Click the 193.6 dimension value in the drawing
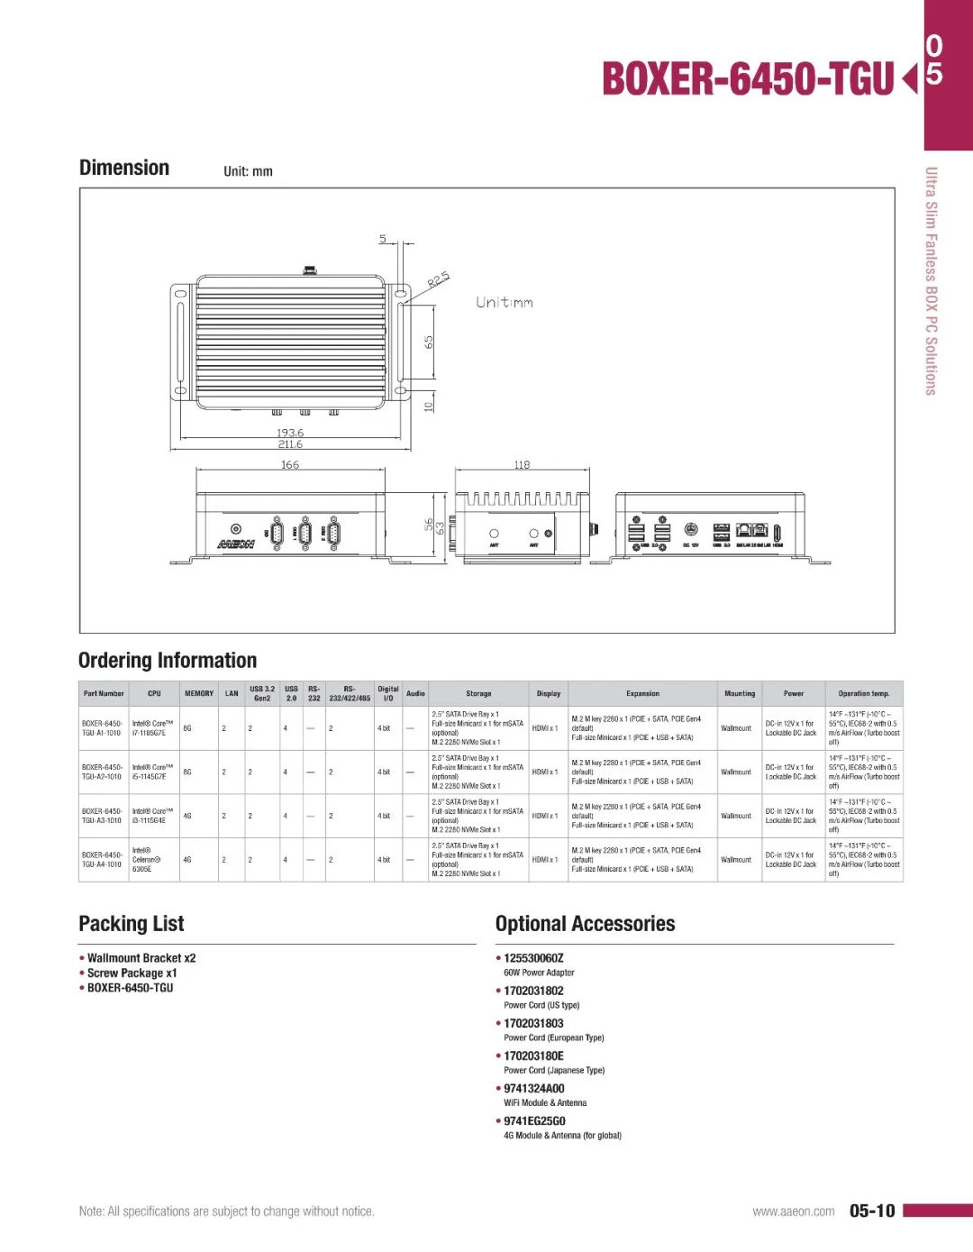(x=290, y=433)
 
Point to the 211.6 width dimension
(x=290, y=444)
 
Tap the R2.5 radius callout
(x=438, y=279)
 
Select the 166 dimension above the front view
(x=290, y=465)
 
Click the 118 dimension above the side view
(x=522, y=465)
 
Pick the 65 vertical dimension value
(x=429, y=343)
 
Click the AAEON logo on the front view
(x=236, y=544)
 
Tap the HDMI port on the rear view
(x=777, y=533)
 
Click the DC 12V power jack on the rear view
(x=691, y=530)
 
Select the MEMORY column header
(x=199, y=693)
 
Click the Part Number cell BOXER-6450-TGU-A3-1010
(x=102, y=816)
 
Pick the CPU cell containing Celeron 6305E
(x=146, y=860)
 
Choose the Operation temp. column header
(x=863, y=693)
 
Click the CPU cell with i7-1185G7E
(x=152, y=728)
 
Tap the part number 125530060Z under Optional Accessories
(x=533, y=958)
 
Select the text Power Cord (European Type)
(x=553, y=1037)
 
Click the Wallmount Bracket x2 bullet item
(x=141, y=958)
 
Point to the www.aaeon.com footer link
(x=794, y=1211)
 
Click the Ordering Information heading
(x=168, y=661)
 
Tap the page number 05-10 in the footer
(x=872, y=1211)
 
